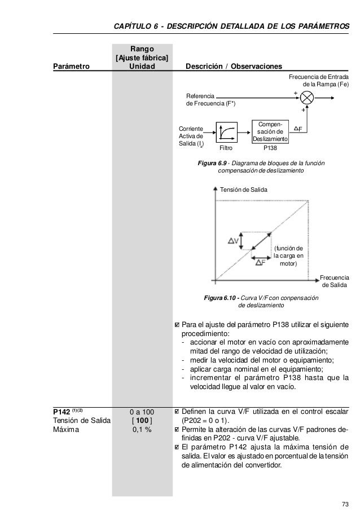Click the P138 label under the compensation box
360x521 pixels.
271,149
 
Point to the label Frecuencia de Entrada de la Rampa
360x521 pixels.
318,81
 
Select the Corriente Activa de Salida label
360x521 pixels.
191,137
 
